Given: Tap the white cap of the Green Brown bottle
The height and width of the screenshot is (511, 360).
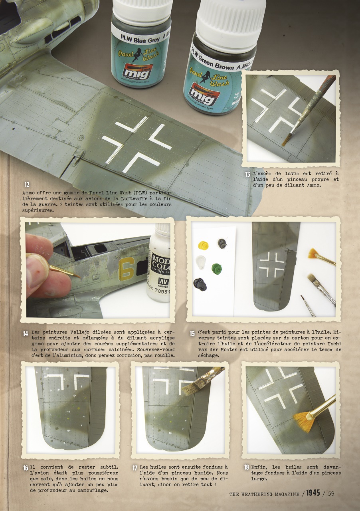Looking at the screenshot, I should [x=230, y=18].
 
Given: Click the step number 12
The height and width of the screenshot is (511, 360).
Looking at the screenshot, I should [x=27, y=184].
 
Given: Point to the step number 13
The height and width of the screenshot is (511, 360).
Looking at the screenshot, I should [x=247, y=174].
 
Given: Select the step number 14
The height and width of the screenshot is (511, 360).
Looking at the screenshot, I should [x=25, y=333].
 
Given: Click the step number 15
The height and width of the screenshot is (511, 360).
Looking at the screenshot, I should [x=192, y=333].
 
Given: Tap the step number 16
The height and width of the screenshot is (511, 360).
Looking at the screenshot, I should [x=25, y=467].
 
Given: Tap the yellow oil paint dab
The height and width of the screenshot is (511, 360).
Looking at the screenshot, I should [x=203, y=244].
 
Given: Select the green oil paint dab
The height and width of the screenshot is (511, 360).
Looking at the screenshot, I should [x=217, y=268].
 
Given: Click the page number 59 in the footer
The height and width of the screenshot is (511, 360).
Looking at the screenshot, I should [x=330, y=494].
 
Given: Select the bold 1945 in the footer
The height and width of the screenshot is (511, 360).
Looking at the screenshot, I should [x=313, y=493].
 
